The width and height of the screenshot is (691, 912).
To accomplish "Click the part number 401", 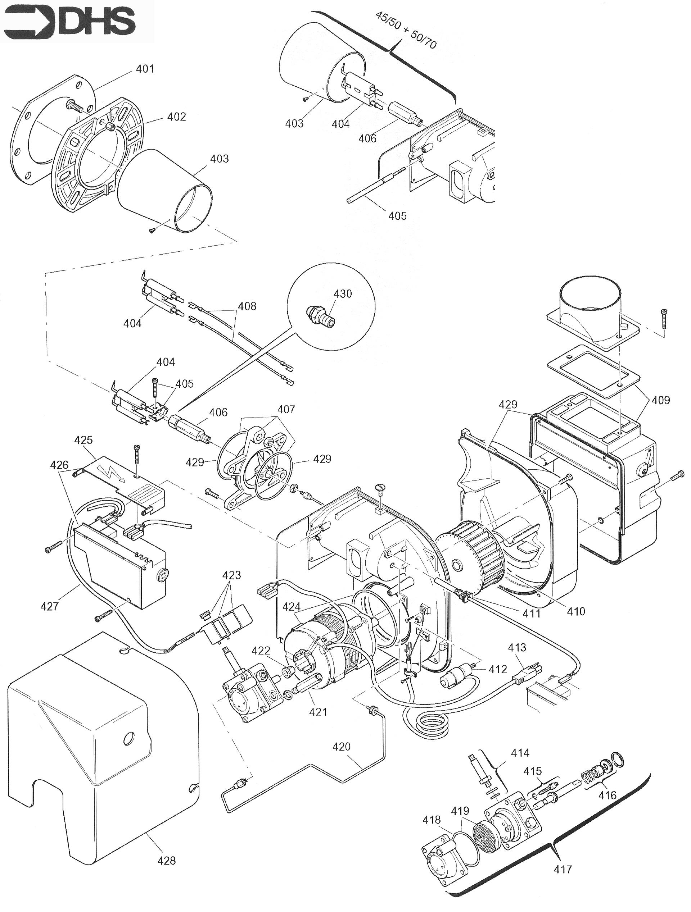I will pyautogui.click(x=145, y=68).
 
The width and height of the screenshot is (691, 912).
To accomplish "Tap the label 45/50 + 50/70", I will pyautogui.click(x=406, y=30).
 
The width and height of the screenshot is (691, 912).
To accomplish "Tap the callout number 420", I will pyautogui.click(x=342, y=747).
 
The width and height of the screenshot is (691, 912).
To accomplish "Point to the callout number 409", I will pyautogui.click(x=661, y=400).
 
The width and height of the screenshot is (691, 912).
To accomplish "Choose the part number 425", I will pyautogui.click(x=83, y=440).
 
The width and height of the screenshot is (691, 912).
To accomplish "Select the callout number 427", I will pyautogui.click(x=50, y=606).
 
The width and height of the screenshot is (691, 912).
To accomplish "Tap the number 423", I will pyautogui.click(x=231, y=575).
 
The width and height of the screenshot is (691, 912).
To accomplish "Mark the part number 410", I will pyautogui.click(x=575, y=611).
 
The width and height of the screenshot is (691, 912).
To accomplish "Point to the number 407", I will pyautogui.click(x=286, y=409).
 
